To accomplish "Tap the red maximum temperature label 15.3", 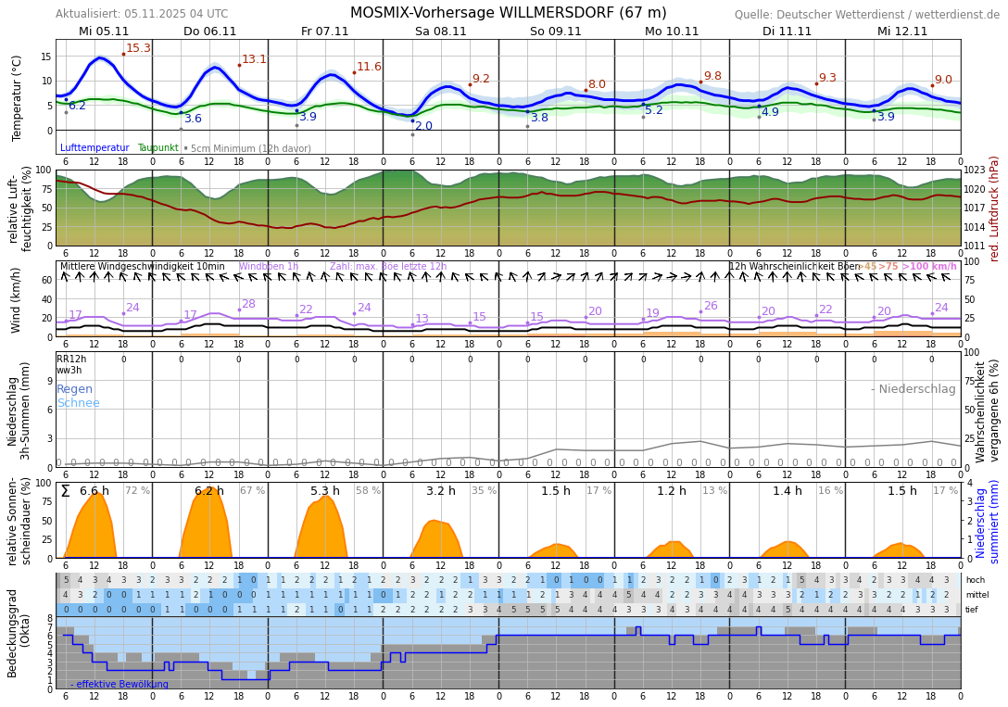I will coord(138,48).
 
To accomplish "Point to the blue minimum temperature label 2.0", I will coord(423,126).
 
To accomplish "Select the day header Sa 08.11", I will coord(440,32).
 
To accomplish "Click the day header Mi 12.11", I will coord(901,32).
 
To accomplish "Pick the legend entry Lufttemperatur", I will coord(94,148).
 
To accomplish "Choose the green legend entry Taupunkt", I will coord(157,148).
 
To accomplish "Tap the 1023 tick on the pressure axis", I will coord(975,170).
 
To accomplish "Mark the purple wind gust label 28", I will coord(248,304).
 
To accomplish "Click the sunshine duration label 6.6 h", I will coord(94,491).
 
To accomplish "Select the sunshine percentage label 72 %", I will coord(137,491).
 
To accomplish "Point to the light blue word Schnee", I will coord(78,403).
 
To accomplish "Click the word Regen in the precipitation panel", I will coord(75,389).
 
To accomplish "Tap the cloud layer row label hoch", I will coord(975,580).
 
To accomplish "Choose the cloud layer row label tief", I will coord(973,610).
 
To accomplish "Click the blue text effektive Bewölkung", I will coord(122,685).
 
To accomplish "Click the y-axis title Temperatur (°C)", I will coord(17,97).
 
